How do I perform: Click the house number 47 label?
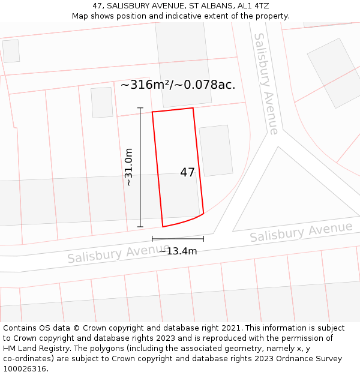[x=187, y=173]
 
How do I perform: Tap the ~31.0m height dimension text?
[x=128, y=167]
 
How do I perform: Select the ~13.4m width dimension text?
[x=178, y=251]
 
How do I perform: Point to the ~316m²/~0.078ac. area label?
[x=178, y=85]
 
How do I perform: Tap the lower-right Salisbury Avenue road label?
[x=301, y=232]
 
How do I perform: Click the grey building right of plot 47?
[x=215, y=150]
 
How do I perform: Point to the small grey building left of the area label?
[x=102, y=103]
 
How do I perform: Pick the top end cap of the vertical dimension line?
[x=140, y=108]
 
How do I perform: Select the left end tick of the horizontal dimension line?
[x=152, y=239]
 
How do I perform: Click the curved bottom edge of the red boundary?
[x=184, y=221]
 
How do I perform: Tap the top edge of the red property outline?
[x=172, y=110]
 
